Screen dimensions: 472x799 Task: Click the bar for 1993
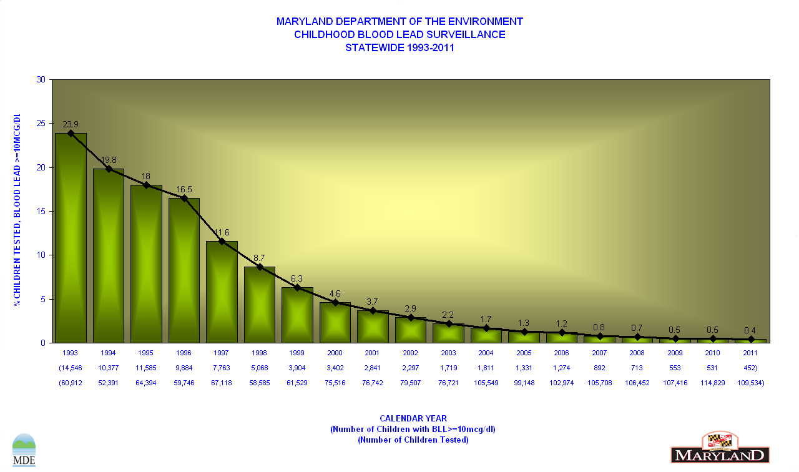pos(71,238)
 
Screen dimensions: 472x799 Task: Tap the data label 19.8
pos(109,160)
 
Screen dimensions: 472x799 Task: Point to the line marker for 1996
pos(184,198)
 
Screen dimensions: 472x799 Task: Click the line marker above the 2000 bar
pos(335,302)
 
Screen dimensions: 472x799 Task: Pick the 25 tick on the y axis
pos(41,124)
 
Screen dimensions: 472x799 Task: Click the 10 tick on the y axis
pos(41,255)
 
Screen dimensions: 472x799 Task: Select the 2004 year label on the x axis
pos(486,353)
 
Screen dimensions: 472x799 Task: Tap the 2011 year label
pos(750,353)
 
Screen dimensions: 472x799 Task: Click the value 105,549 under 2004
pos(486,383)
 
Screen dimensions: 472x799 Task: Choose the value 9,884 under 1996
pos(184,368)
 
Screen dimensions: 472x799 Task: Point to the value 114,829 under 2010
pos(713,383)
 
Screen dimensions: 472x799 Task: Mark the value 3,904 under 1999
pos(297,368)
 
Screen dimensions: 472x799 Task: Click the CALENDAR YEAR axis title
pos(413,418)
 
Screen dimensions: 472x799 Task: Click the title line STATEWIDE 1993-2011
pos(399,47)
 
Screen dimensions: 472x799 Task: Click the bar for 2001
pos(373,327)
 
